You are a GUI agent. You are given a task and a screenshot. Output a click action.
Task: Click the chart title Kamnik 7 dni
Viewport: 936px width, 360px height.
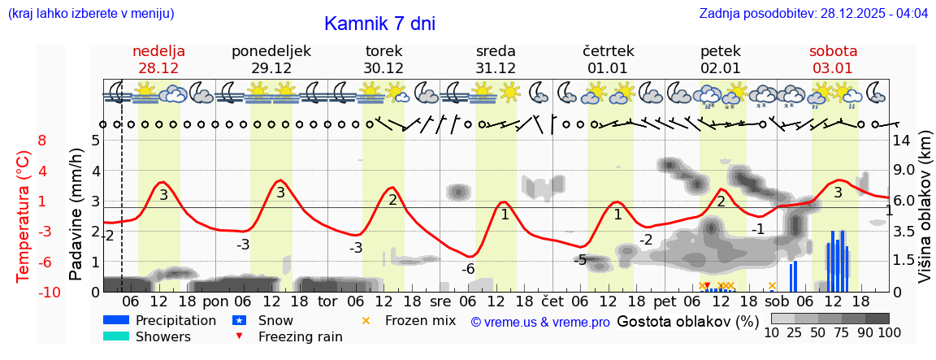coord(379,24)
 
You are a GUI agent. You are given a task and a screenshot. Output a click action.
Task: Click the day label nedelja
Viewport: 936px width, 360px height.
coord(159,51)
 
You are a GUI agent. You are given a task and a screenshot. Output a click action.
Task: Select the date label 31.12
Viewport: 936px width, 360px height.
coord(496,68)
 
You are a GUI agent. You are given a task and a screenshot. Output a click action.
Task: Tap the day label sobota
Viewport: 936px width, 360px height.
coord(833,51)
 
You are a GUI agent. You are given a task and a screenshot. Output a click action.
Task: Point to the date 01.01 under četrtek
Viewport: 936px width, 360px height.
coord(608,68)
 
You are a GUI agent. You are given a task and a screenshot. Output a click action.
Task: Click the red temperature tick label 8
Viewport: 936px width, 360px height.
coord(42,141)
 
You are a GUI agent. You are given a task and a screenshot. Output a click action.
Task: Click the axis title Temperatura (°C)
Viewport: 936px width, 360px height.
coord(23,215)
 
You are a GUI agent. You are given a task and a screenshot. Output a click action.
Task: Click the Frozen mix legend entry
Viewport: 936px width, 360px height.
coord(420,320)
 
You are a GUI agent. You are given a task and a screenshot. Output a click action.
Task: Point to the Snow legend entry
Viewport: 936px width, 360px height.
coord(276,320)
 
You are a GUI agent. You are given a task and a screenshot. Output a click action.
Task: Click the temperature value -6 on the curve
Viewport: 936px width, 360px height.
coord(468,269)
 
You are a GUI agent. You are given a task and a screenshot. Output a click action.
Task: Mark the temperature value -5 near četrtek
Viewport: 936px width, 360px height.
coord(580,260)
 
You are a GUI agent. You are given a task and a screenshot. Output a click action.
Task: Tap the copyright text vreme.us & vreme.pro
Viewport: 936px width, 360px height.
coord(540,322)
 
